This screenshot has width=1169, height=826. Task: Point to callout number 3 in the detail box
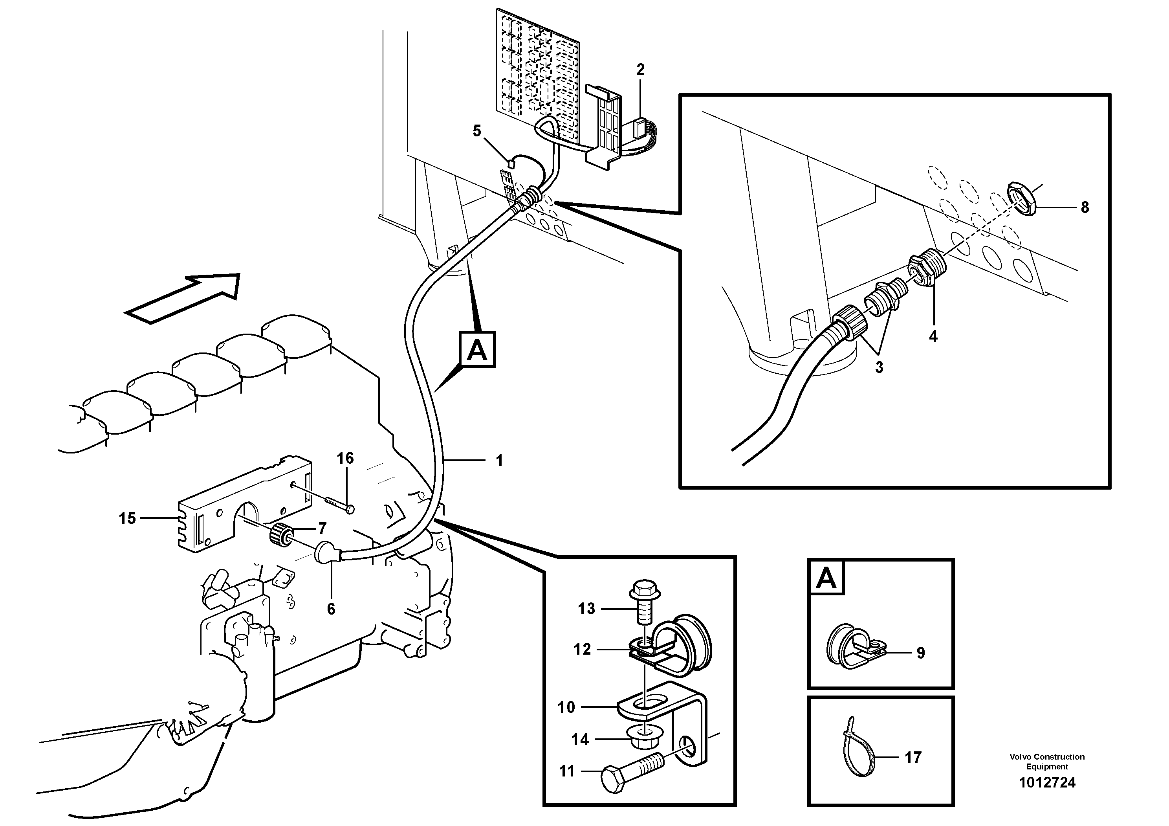[879, 367]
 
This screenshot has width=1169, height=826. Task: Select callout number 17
[913, 758]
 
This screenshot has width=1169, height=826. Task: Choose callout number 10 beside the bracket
[566, 707]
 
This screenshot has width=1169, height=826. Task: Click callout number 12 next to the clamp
[582, 649]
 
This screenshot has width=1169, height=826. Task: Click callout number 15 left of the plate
[127, 518]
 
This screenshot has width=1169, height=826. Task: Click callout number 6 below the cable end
[331, 609]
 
